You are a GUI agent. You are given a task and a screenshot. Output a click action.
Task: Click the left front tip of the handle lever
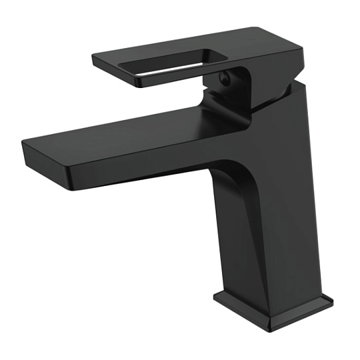(97, 61)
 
